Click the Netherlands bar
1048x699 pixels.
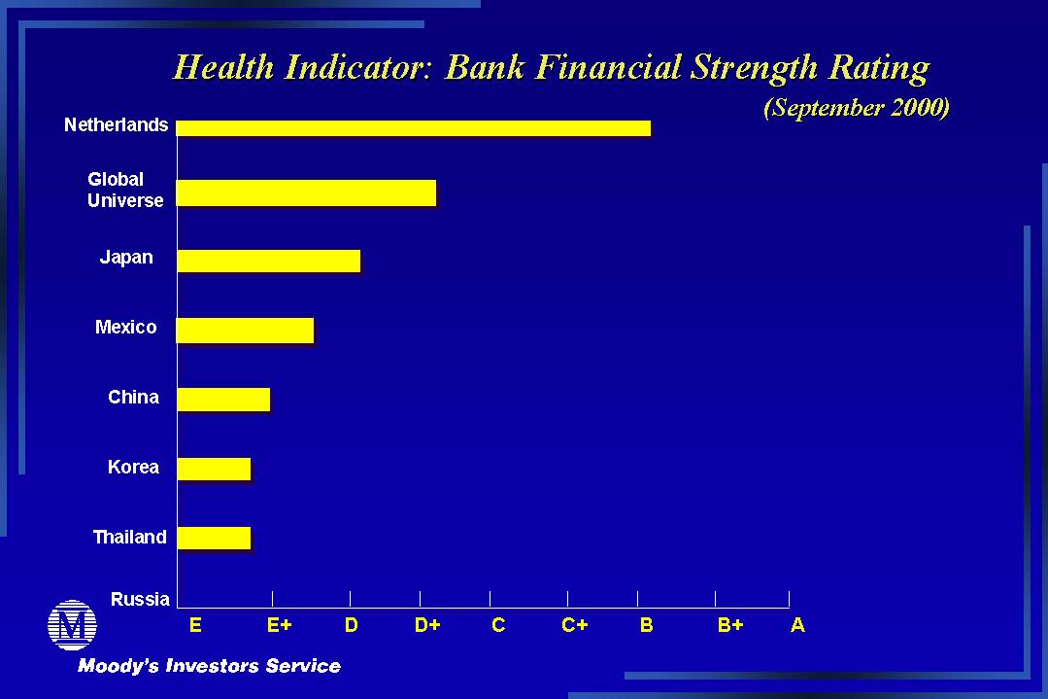pos(413,127)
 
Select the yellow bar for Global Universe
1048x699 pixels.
pos(306,192)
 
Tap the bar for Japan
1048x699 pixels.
pos(269,261)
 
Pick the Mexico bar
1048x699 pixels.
pos(246,331)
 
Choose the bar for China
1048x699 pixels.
pos(224,400)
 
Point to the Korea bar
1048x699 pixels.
pos(214,469)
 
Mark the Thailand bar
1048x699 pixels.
pos(214,538)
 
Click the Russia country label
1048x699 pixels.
pos(140,599)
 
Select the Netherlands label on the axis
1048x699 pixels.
pos(116,124)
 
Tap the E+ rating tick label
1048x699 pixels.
pos(280,625)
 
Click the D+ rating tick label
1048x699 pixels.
pos(427,625)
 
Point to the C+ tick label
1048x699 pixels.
pos(575,625)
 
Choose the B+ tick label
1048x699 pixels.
pos(730,625)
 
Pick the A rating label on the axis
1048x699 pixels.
pos(797,625)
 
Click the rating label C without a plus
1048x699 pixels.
pos(498,625)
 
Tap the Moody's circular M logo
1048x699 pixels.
pos(72,625)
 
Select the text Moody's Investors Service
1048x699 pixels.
pos(209,666)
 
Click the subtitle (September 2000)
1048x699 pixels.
pos(857,108)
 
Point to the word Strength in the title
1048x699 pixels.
pos(754,68)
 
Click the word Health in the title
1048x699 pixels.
pos(223,67)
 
